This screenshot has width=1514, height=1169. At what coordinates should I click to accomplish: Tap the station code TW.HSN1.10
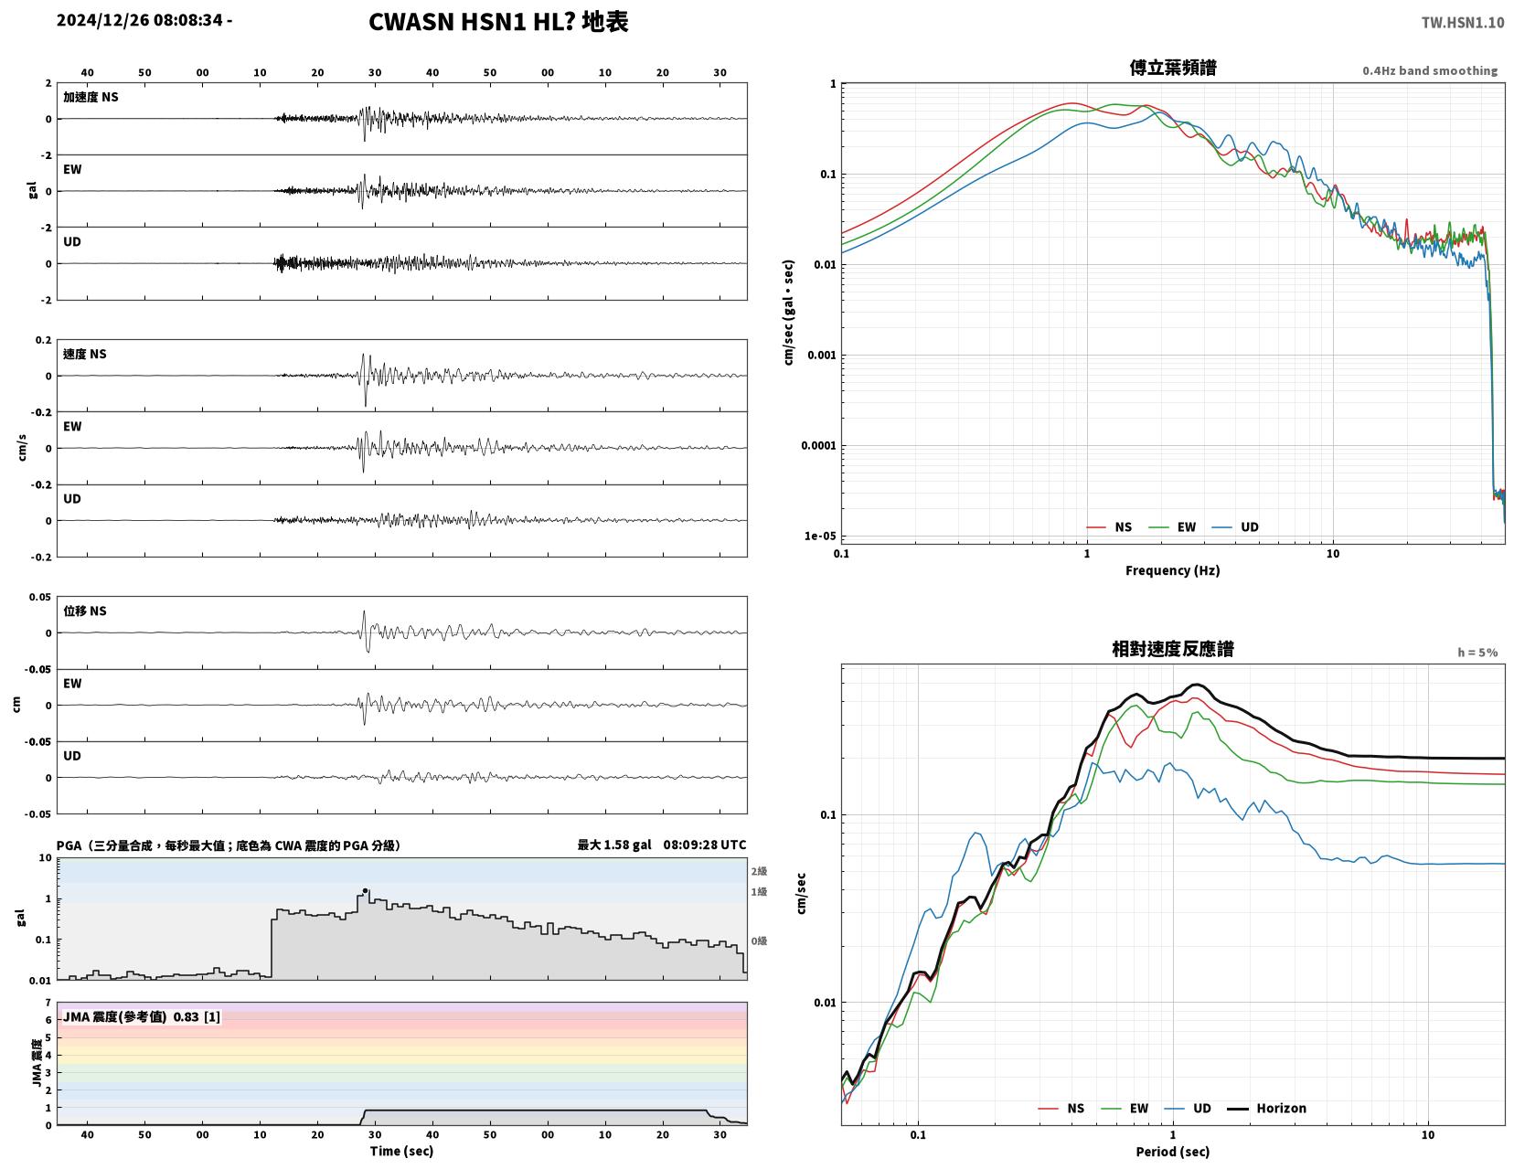pos(1463,23)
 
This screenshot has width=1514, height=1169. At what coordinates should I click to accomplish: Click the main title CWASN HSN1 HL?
pos(471,22)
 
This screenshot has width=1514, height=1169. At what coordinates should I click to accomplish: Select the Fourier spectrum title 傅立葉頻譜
pos(1173,69)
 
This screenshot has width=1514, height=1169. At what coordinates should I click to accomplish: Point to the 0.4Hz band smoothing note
pos(1430,70)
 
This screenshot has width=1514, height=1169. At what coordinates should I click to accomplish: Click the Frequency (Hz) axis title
pos(1172,570)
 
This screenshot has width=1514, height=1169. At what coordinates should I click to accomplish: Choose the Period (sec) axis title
pos(1172,1152)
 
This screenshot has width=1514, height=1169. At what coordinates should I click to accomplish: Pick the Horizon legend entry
pos(1266,1109)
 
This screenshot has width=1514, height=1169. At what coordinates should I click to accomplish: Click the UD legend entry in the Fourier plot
pos(1236,527)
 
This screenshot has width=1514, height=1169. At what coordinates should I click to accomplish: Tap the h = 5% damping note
pos(1477,653)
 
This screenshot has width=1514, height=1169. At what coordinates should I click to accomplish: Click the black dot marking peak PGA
pos(365,891)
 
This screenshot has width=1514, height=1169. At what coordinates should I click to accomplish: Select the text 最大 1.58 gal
pos(613,845)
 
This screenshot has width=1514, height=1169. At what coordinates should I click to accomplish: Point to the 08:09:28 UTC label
pos(704,845)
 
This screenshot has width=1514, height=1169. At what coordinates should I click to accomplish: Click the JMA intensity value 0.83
pos(186,1016)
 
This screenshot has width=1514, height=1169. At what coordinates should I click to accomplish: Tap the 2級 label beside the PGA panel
pos(759,871)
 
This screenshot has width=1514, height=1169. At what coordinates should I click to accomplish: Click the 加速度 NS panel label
pos(91,97)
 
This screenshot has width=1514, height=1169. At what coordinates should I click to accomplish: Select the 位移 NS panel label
pos(85,611)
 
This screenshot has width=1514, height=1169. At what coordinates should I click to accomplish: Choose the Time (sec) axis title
pos(401,1151)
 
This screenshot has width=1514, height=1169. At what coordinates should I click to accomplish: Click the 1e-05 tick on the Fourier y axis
pos(820,537)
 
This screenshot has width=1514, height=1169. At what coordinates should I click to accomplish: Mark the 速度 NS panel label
pos(85,354)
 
